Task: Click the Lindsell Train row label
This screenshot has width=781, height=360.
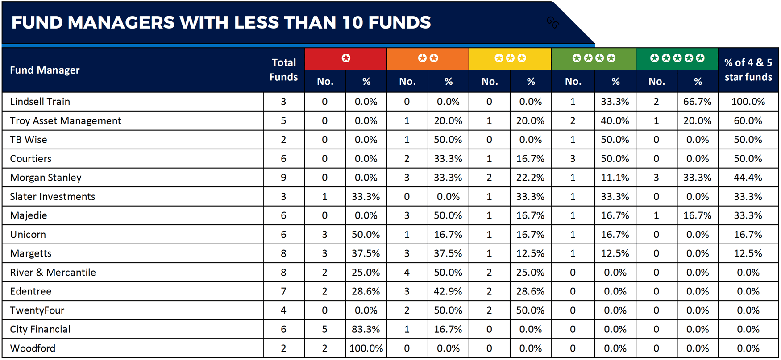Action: (40, 102)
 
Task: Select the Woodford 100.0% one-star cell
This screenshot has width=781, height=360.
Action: (366, 348)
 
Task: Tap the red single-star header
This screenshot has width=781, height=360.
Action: (346, 58)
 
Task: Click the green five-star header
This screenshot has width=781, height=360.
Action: (677, 58)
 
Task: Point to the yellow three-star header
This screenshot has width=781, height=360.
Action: (510, 58)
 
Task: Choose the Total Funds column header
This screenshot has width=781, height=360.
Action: (284, 70)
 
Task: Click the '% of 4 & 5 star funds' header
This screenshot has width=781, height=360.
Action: (748, 70)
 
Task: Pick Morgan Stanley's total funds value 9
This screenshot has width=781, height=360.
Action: (283, 178)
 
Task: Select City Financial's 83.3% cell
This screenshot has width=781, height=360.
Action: (366, 329)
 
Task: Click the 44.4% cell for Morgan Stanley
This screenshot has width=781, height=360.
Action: (748, 178)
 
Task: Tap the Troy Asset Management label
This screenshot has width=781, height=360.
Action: (66, 121)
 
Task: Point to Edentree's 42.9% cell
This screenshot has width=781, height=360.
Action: (448, 291)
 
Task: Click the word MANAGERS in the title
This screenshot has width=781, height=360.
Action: (121, 22)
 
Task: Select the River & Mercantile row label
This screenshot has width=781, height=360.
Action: (53, 273)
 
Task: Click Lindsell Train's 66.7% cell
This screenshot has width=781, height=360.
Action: (697, 102)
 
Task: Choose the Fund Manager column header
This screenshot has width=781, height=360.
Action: (45, 70)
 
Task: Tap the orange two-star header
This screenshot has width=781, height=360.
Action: (428, 58)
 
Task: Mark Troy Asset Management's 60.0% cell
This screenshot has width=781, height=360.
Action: (748, 121)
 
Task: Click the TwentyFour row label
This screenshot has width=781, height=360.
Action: (37, 310)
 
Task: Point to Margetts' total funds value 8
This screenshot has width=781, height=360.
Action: (283, 253)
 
